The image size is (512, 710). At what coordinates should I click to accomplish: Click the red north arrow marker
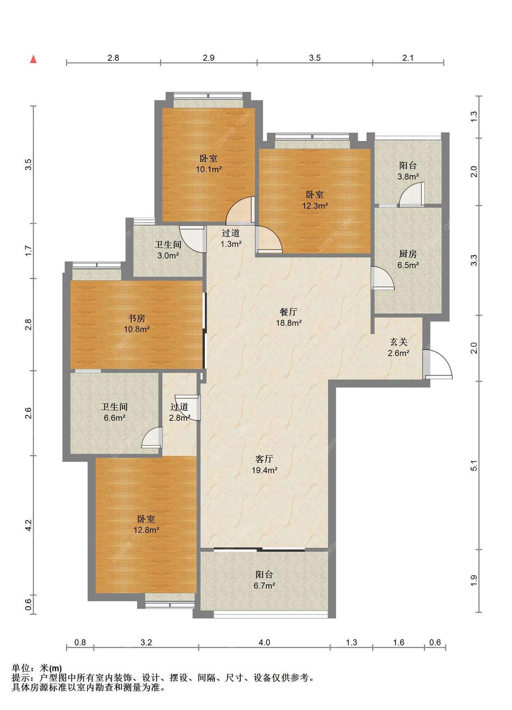click(33, 59)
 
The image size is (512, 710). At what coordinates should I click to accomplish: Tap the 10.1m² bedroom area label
click(208, 169)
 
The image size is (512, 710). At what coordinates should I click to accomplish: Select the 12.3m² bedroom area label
click(314, 206)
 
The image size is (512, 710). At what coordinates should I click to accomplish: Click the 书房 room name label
click(137, 318)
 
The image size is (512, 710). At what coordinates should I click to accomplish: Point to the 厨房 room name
click(408, 254)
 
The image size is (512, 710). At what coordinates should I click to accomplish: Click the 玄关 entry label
click(398, 342)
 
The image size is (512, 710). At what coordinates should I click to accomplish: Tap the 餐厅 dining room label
click(289, 312)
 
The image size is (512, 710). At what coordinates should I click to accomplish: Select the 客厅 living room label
click(264, 459)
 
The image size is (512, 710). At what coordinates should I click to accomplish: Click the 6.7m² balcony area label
click(264, 585)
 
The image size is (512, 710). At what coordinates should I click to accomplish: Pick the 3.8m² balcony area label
click(408, 176)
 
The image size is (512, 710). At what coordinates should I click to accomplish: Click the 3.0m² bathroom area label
click(168, 256)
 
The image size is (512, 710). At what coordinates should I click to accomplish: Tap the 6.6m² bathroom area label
click(114, 418)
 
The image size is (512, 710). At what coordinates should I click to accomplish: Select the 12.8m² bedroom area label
click(146, 529)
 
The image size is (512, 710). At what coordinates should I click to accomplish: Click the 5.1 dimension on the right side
click(474, 465)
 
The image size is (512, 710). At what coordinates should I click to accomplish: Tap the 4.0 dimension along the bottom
click(264, 642)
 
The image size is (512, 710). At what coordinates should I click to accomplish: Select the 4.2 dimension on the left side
click(29, 525)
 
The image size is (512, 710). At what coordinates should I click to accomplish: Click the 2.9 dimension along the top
click(208, 58)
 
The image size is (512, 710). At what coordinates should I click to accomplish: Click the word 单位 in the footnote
click(21, 669)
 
